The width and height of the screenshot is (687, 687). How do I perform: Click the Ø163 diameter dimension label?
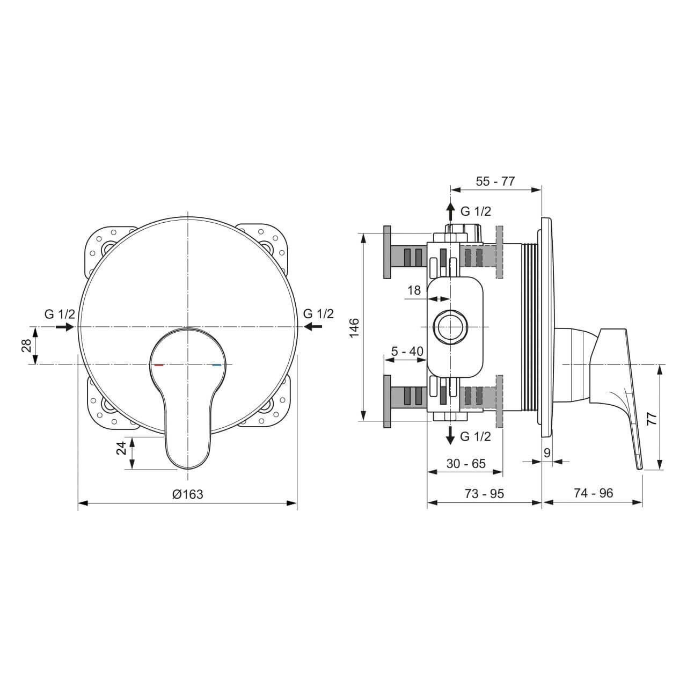coord(188,494)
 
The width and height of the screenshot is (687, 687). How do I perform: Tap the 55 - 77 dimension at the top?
coord(495,181)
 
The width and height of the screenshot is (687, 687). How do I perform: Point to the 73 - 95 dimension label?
coord(484,493)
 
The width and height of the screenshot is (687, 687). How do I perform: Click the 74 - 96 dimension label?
coord(593,493)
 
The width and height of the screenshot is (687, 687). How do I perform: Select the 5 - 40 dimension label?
coord(407,352)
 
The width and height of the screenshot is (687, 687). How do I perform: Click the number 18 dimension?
coord(414,290)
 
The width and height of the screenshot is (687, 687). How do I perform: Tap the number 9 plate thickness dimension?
coord(547,452)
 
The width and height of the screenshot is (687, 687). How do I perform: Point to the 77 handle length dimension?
coord(652,419)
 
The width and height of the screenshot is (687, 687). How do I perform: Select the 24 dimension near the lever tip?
coord(122,448)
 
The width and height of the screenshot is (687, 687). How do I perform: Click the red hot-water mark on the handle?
coord(158,365)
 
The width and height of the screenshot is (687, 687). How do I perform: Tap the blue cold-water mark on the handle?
coord(217,365)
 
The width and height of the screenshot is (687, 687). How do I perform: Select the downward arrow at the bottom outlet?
coord(451,435)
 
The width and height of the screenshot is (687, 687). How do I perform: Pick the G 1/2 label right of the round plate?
coord(318,313)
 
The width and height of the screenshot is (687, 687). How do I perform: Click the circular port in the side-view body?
coord(451,327)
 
